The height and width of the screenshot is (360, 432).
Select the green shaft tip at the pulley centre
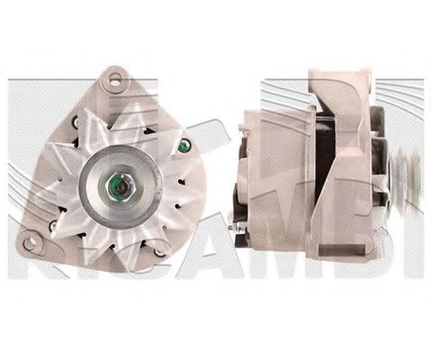pyautogui.click(x=117, y=188)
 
